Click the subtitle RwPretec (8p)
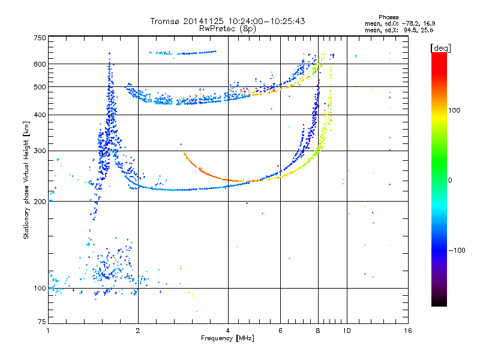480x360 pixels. point(227,29)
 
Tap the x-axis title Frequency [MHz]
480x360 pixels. point(227,338)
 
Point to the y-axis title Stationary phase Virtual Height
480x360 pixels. point(26,181)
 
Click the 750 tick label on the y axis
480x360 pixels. point(40,38)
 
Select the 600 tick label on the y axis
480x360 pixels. point(40,64)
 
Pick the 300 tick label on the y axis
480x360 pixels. point(40,151)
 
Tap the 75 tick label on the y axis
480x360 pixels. point(42,322)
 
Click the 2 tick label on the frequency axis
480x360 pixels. point(138,331)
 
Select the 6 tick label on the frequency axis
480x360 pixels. point(280,331)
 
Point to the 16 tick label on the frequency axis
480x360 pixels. point(408,331)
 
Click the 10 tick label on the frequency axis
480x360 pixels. point(347,331)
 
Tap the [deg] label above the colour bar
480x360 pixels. point(440,49)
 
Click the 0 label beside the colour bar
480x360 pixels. point(450,180)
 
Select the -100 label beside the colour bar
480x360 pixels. point(457,250)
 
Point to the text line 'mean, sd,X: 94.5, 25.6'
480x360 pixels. point(399,30)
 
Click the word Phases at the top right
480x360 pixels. point(388,17)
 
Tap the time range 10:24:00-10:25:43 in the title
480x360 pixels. point(266,21)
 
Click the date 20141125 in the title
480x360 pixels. point(203,21)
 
